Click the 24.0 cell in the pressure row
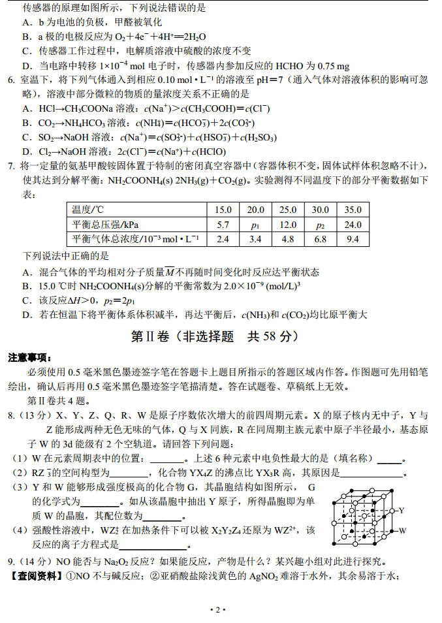tap(353, 225)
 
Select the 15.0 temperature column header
tap(223, 210)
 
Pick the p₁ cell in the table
tap(255, 225)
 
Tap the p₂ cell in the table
tap(320, 225)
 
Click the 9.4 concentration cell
tap(353, 239)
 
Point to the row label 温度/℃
tap(88, 210)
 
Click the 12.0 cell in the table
tap(288, 225)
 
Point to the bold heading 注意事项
tap(30, 358)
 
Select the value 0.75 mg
tap(334, 65)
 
